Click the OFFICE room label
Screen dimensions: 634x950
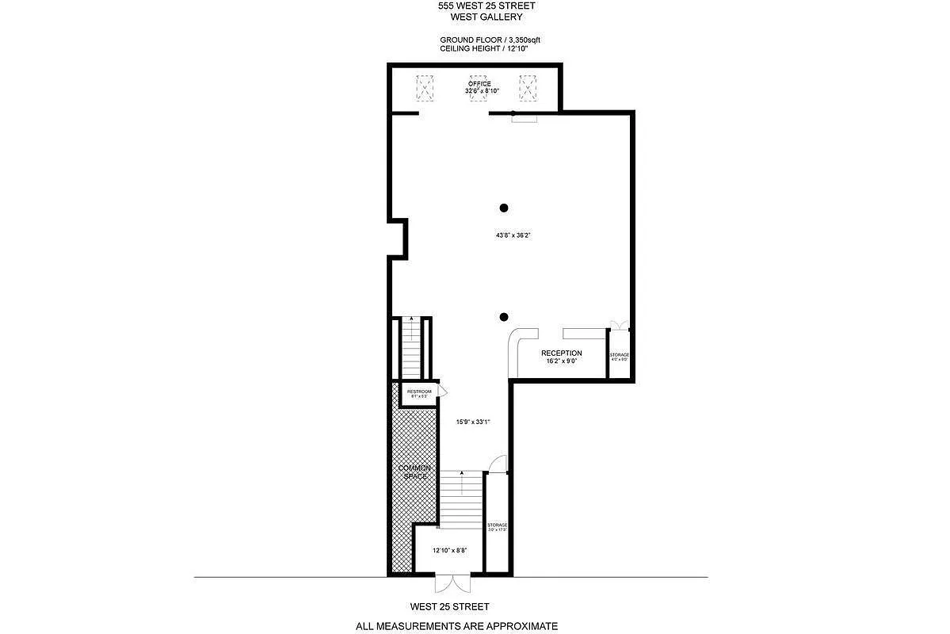tap(479, 84)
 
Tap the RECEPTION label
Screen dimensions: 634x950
tap(561, 353)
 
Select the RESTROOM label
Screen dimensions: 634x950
tap(418, 392)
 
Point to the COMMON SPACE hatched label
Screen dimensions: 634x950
tap(414, 472)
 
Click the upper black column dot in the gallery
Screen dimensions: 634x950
tap(503, 208)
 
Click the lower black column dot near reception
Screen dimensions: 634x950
tap(503, 317)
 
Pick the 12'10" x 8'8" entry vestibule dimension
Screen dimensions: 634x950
tap(448, 550)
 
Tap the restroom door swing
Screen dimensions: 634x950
tap(441, 391)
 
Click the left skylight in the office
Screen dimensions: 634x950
tap(425, 87)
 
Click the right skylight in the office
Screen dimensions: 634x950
tap(528, 87)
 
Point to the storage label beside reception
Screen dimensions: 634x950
tap(619, 355)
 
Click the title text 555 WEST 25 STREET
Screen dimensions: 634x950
tap(480, 6)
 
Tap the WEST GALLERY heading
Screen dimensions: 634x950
tap(480, 17)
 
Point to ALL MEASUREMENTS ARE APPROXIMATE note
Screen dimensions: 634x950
tap(456, 626)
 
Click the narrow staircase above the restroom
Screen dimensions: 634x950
tap(412, 349)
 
